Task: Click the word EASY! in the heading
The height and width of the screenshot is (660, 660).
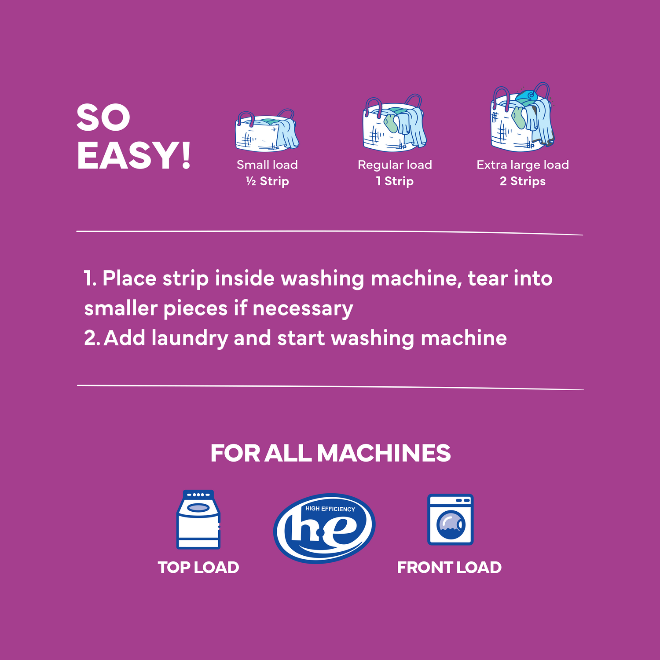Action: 134,156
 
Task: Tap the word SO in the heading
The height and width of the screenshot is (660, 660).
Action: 103,117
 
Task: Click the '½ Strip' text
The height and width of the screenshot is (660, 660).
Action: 268,181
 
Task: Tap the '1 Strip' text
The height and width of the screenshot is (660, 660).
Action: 395,181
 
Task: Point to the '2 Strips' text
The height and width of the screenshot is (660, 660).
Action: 522,181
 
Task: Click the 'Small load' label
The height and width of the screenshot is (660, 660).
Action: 267,165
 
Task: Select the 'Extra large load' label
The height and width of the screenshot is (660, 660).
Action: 522,165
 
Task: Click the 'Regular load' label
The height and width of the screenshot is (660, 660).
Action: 395,165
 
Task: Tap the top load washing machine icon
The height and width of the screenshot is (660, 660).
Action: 198,520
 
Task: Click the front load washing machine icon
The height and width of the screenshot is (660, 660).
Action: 450,520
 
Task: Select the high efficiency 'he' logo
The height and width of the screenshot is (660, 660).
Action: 324,528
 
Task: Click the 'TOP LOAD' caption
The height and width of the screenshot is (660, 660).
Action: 198,568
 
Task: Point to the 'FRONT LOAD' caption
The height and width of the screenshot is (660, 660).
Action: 449,568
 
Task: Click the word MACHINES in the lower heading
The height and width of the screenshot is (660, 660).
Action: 384,453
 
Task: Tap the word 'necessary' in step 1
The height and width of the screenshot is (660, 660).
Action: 303,309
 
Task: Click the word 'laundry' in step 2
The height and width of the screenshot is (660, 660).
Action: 189,338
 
